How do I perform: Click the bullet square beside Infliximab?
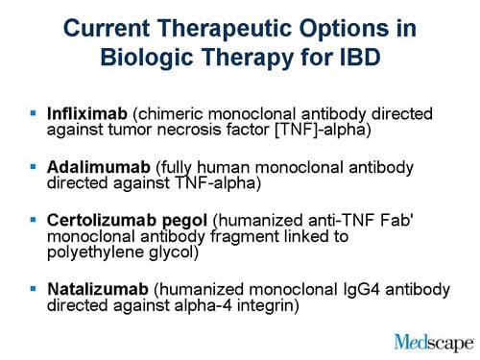pos(34,111)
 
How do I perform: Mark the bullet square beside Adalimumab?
pos(34,166)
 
